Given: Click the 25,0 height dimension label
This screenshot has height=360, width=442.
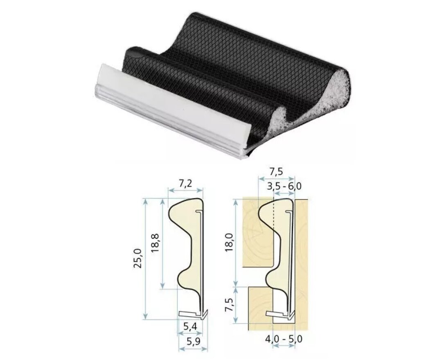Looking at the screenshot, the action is [x=138, y=259].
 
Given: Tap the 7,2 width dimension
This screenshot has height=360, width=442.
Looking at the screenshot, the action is [x=185, y=184].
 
